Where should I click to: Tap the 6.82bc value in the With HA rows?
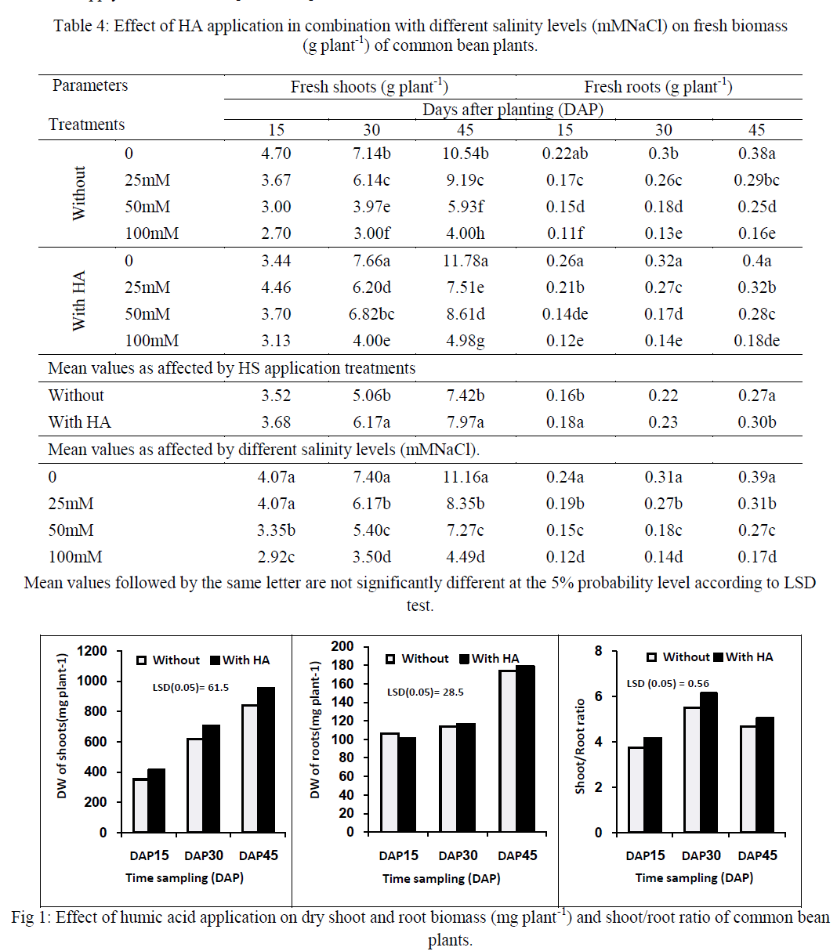[x=371, y=314]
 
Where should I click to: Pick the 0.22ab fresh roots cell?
[x=565, y=154]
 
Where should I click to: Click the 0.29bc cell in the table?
[x=756, y=180]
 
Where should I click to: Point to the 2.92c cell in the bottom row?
[x=276, y=557]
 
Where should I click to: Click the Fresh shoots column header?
[x=369, y=86]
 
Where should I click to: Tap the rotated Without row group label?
[x=79, y=193]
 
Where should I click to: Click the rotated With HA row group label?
[x=79, y=301]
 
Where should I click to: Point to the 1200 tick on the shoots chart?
[x=92, y=652]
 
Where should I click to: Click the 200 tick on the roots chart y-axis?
[x=342, y=646]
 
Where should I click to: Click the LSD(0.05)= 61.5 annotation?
[x=190, y=687]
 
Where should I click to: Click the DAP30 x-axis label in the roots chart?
[x=458, y=855]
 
